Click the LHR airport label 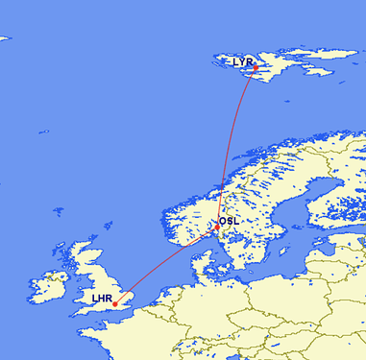(102, 299)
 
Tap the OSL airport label (230, 221)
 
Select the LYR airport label (242, 61)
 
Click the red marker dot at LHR (115, 305)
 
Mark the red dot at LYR (255, 68)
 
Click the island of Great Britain (96, 278)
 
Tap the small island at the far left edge (4, 38)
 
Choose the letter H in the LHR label (102, 299)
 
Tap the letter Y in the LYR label (242, 61)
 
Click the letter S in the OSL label (230, 221)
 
